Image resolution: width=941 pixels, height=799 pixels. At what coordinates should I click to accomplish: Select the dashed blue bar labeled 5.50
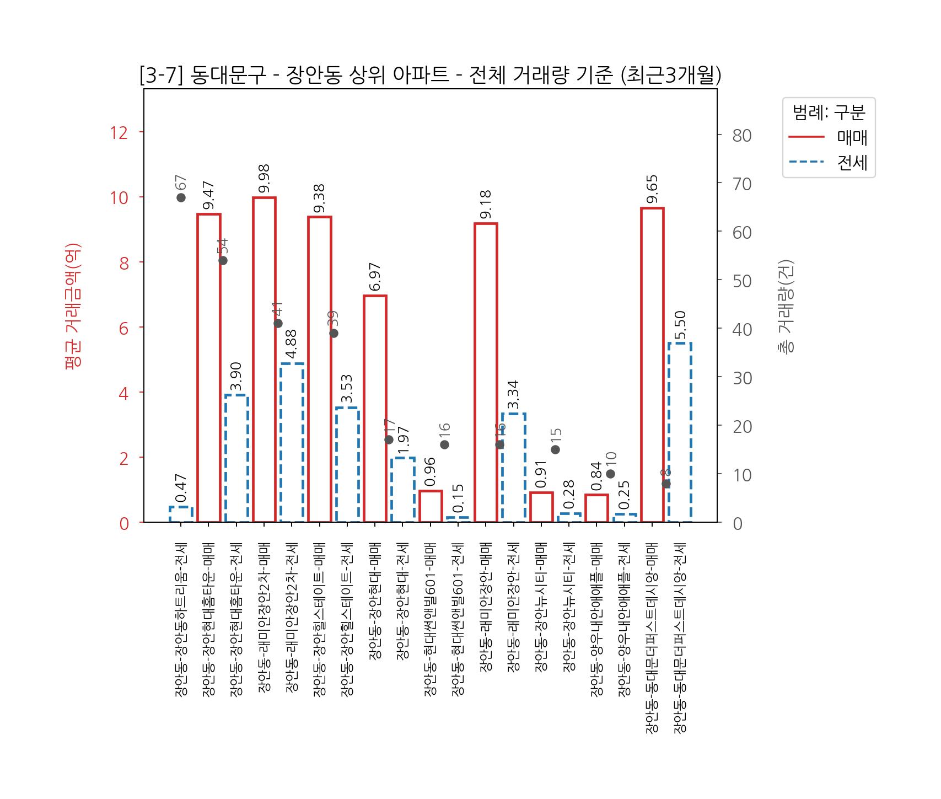pos(680,432)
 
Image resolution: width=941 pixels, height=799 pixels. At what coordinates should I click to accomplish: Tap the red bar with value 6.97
pos(375,409)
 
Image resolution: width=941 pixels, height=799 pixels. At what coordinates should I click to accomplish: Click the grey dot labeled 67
pos(181,197)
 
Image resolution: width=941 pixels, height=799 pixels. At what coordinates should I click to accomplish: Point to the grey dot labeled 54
pos(223,260)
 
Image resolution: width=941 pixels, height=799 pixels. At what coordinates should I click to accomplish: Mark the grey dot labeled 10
pos(610,474)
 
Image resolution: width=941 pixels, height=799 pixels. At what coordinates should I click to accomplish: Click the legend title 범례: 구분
pos(829,112)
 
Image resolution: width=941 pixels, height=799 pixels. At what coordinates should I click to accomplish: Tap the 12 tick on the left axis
pos(119,133)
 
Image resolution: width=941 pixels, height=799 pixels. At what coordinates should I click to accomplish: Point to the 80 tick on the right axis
pos(742,136)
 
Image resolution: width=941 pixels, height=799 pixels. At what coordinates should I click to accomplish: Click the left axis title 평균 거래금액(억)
pos(73,306)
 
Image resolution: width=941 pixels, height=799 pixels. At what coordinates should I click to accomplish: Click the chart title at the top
pos(431,76)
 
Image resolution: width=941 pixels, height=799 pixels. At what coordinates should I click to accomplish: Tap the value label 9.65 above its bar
pos(652,189)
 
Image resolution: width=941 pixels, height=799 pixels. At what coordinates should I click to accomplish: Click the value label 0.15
pos(458,498)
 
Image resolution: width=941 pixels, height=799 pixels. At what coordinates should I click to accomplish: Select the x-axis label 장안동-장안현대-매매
pos(375,601)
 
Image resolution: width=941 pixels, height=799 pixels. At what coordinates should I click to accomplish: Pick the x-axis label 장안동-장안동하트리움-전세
pos(181,620)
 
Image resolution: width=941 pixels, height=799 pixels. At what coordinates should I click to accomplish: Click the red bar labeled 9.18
pos(486,372)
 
